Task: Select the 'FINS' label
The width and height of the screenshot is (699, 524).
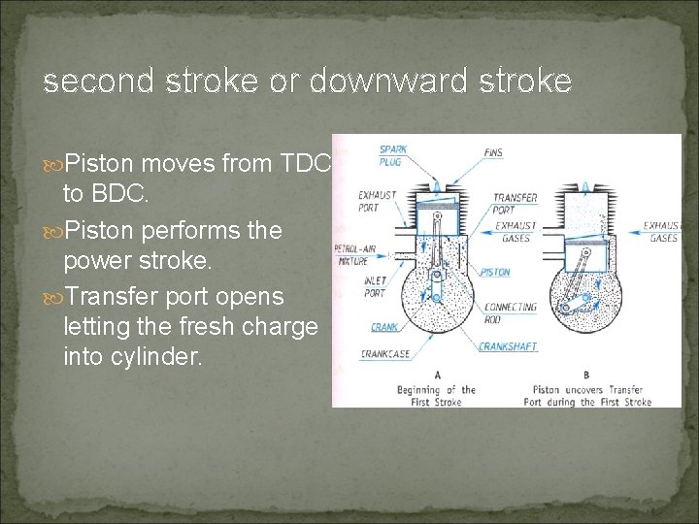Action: click(493, 153)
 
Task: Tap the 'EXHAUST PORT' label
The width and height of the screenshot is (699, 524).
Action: click(377, 201)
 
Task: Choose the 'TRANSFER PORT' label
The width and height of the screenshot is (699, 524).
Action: click(515, 203)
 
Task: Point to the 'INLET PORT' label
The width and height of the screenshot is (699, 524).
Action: click(375, 286)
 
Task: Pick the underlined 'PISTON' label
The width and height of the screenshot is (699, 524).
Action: click(494, 273)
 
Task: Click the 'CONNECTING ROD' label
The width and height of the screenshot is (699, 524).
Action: click(511, 312)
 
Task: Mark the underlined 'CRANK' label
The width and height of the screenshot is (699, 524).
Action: click(383, 327)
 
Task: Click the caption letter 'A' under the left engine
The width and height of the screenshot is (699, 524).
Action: click(438, 375)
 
